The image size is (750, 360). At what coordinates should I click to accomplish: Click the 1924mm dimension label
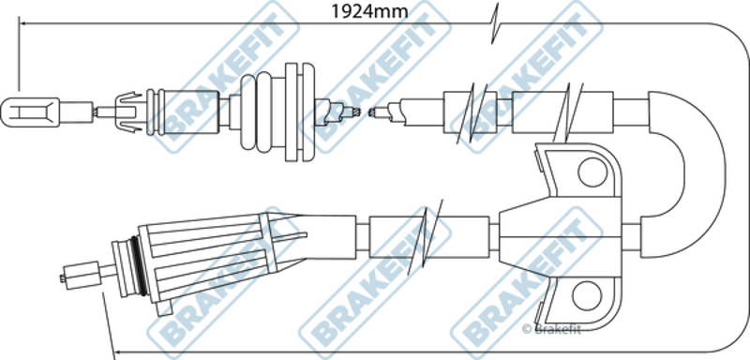(369, 11)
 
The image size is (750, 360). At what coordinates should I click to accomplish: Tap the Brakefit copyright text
(551, 329)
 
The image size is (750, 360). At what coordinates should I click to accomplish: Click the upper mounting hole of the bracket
(592, 172)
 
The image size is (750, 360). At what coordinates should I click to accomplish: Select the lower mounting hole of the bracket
(587, 295)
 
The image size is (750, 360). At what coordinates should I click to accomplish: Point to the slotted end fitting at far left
(30, 112)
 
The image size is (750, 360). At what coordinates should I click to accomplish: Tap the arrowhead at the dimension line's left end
(22, 22)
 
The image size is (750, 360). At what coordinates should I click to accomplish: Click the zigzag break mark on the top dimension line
(495, 22)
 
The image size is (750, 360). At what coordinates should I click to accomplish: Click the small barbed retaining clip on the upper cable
(128, 112)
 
